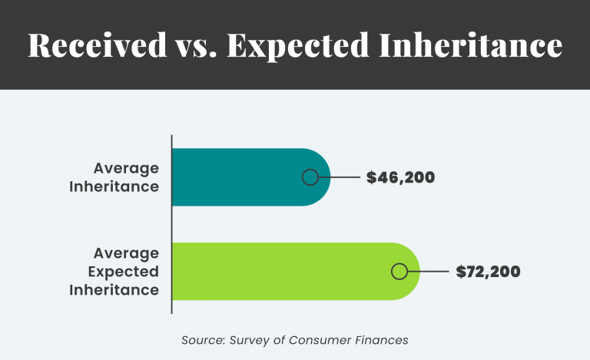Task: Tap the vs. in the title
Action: click(201, 45)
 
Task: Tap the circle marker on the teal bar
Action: click(310, 177)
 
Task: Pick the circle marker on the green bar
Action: click(399, 271)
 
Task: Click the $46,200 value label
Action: click(400, 177)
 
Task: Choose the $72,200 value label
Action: click(488, 271)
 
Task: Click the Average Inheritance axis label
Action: click(126, 177)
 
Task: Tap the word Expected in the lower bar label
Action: click(123, 271)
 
